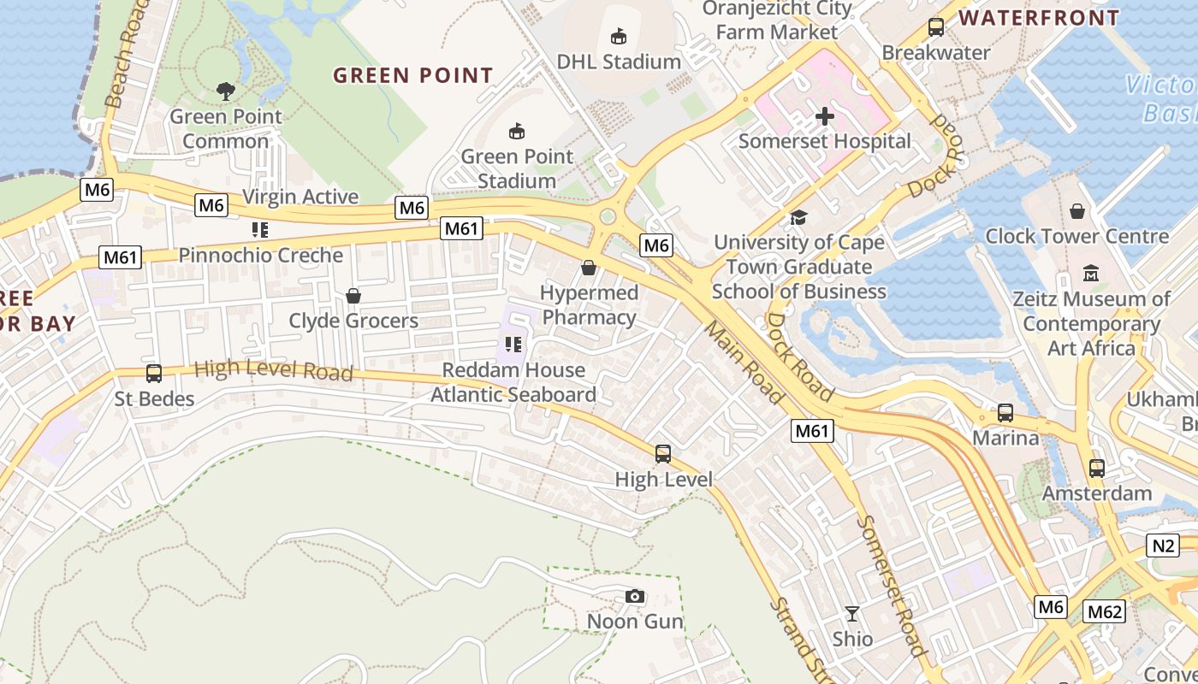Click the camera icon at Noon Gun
click(x=634, y=596)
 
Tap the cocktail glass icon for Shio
click(x=852, y=613)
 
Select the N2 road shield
click(x=1162, y=545)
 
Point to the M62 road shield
click(x=1104, y=611)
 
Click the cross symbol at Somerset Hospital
click(x=825, y=116)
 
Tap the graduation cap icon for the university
click(x=798, y=217)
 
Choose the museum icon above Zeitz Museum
click(x=1091, y=274)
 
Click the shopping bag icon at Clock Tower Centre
click(x=1077, y=210)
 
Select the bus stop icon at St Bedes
click(x=154, y=374)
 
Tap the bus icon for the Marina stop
click(x=1005, y=413)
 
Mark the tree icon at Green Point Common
click(x=226, y=91)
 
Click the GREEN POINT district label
click(x=413, y=75)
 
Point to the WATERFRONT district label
click(x=1039, y=17)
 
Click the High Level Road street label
click(x=274, y=370)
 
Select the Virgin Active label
click(x=300, y=197)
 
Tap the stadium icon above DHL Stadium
click(x=619, y=36)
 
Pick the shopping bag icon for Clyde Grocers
click(x=353, y=296)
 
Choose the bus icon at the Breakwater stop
click(x=936, y=27)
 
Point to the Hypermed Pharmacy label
click(x=589, y=305)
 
